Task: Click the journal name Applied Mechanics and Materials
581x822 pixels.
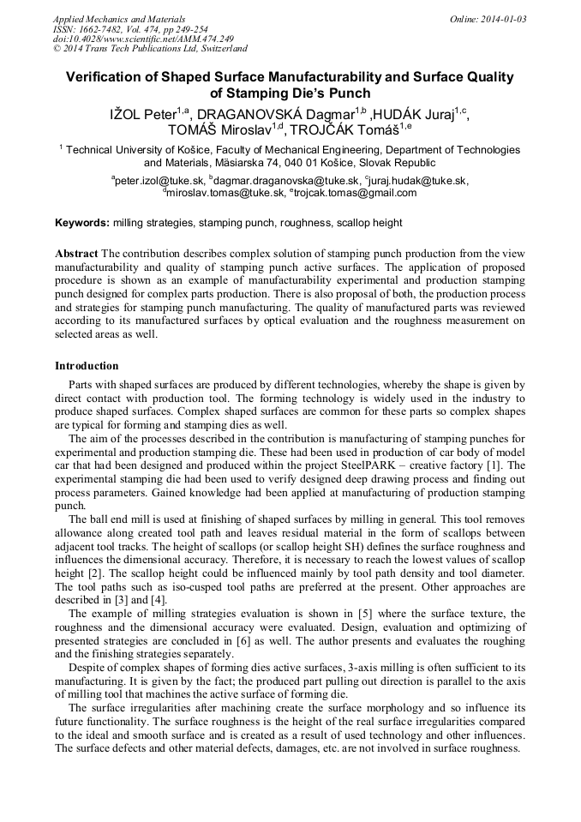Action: click(x=118, y=19)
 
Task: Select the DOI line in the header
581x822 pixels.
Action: click(x=131, y=39)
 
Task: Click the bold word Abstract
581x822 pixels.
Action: click(x=76, y=255)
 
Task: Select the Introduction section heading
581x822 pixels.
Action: click(x=87, y=366)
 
